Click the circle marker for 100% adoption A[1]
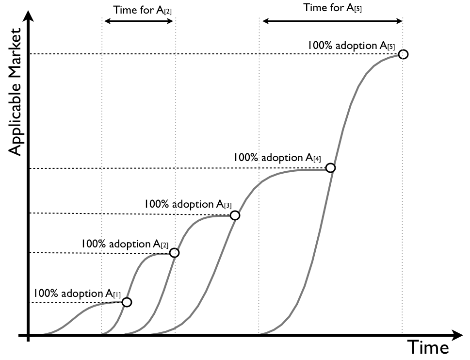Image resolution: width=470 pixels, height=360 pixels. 127,302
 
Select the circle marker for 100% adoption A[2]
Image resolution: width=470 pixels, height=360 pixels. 175,253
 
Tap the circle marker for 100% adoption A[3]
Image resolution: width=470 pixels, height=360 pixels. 235,215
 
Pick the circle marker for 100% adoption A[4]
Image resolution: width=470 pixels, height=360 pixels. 330,168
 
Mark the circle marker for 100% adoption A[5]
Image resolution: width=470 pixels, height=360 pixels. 403,54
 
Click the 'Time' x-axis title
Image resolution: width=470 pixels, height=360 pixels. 428,347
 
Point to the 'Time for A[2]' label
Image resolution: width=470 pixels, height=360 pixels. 139,10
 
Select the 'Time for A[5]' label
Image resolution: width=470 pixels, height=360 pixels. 332,8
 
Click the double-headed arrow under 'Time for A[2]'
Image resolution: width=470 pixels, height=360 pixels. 139,21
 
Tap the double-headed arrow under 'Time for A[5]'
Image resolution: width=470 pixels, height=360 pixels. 332,21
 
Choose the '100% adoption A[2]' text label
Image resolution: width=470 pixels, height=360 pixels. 125,244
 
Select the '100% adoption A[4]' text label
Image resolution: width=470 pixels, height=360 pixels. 277,158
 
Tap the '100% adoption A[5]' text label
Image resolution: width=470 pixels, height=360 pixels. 351,46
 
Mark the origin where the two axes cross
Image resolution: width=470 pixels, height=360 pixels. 29,335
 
